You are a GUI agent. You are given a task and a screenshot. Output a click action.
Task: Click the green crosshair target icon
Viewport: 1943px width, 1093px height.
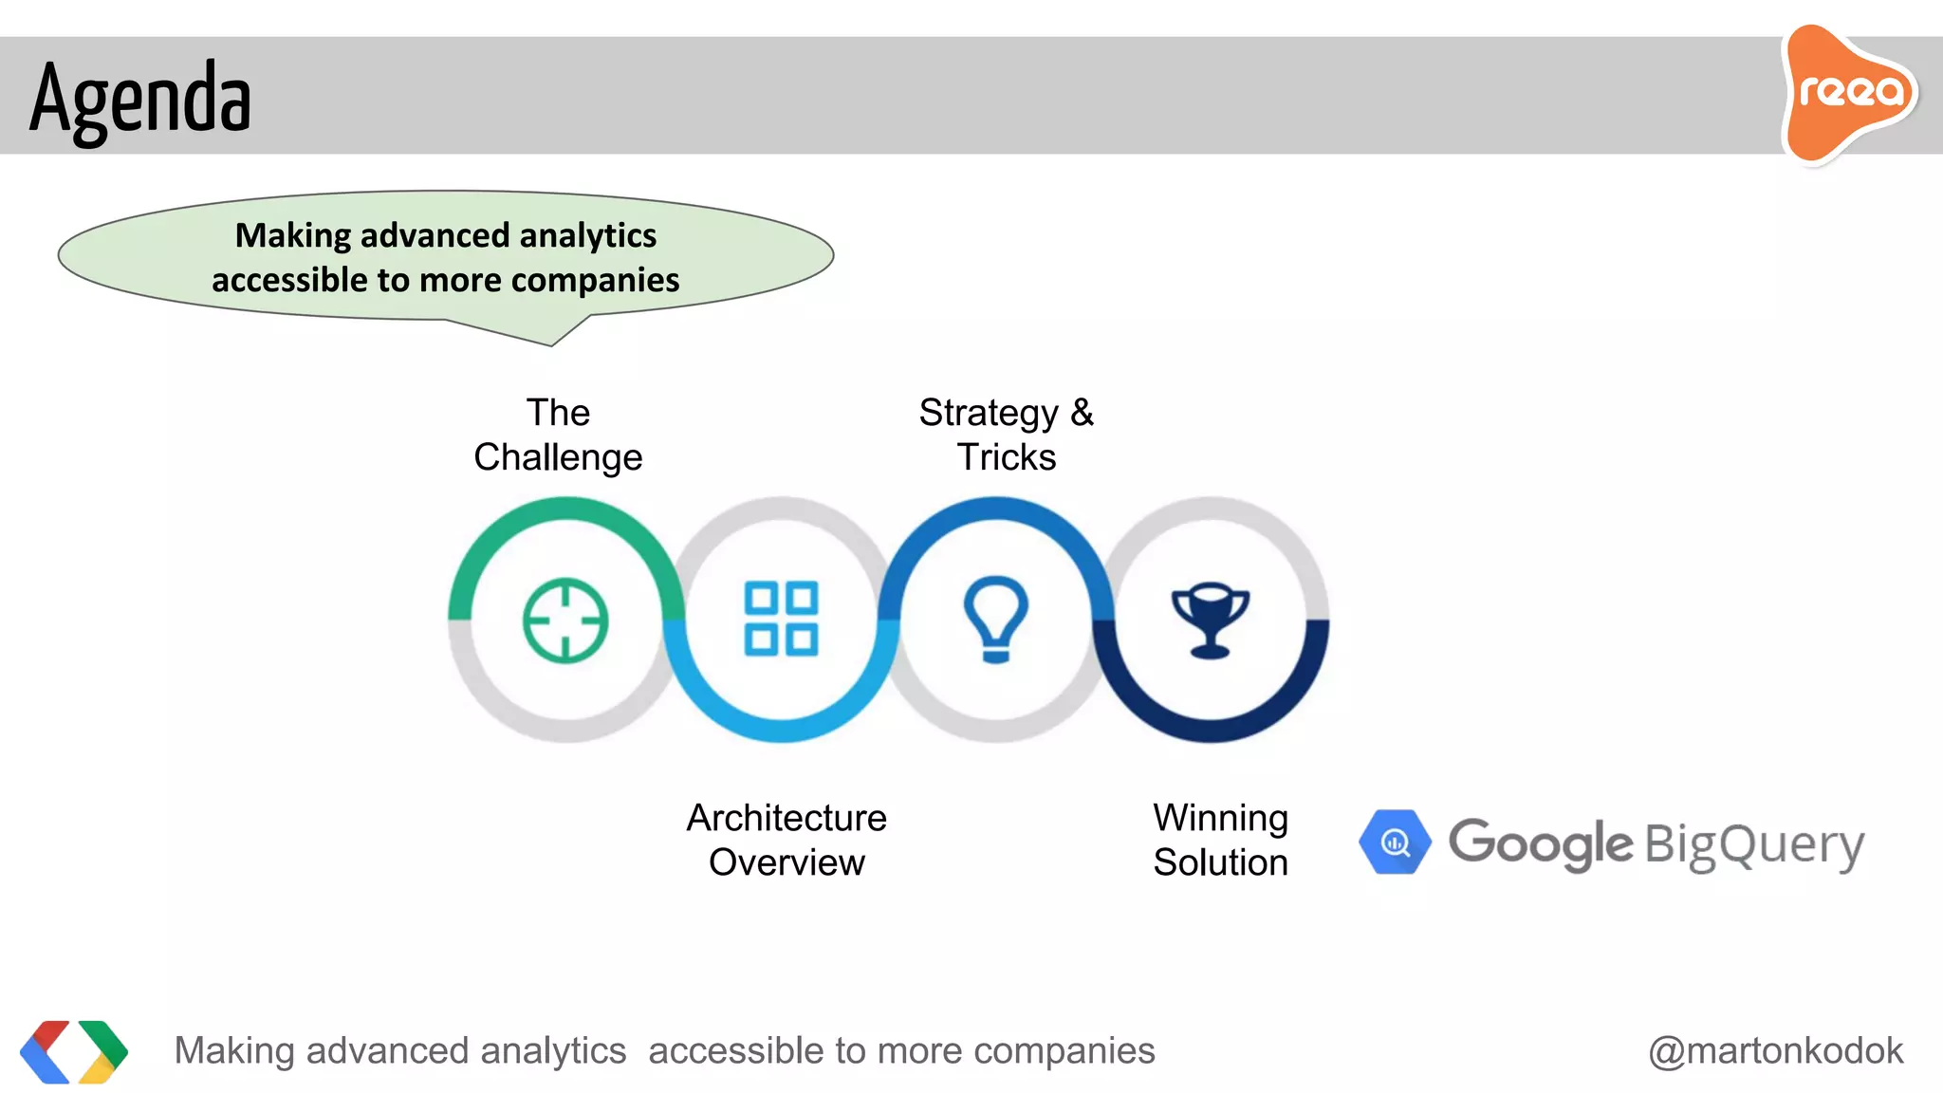[565, 620]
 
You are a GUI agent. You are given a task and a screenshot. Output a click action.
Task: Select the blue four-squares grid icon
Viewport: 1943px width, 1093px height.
[781, 619]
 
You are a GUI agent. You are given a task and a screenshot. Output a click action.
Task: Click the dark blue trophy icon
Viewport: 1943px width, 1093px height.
[1210, 620]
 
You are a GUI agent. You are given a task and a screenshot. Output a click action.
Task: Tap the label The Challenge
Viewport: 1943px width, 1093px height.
[558, 435]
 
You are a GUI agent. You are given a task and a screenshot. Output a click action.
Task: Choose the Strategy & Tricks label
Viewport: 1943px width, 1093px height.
[1006, 435]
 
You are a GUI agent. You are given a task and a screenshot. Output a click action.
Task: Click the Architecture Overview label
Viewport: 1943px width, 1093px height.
[786, 840]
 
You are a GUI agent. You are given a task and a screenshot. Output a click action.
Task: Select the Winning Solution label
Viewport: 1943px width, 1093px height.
[1220, 840]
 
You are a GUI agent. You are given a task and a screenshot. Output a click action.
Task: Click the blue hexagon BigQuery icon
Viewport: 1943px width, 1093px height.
[1395, 842]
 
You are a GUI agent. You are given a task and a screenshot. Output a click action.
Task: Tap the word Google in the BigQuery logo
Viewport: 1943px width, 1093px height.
[1540, 843]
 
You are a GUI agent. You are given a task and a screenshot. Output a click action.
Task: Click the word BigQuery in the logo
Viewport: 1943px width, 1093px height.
[1754, 844]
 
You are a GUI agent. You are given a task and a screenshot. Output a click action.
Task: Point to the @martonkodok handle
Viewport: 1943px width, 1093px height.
[1775, 1050]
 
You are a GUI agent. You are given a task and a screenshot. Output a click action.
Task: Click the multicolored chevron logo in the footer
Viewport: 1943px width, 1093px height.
[74, 1051]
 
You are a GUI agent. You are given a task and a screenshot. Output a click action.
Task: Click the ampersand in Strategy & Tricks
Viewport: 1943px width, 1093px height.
[1082, 413]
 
